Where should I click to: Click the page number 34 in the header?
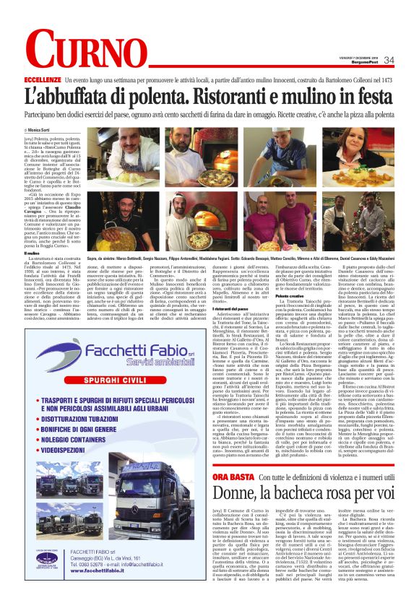pyautogui.click(x=389, y=60)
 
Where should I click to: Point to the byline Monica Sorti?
pyautogui.click(x=61, y=130)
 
